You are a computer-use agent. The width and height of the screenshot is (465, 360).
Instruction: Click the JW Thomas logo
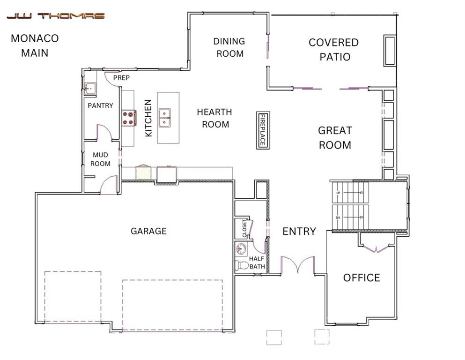point(55,16)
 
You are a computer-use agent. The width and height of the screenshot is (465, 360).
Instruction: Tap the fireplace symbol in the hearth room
point(263,130)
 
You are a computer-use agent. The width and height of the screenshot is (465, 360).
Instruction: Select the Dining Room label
point(229,47)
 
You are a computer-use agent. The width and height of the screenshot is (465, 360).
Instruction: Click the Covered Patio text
point(334,50)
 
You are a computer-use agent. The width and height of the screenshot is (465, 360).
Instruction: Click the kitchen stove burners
point(129,118)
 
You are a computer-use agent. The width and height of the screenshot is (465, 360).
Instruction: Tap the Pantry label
point(100,105)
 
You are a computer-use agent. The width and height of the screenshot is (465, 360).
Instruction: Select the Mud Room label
point(101,159)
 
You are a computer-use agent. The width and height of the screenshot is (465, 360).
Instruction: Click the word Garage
point(148,231)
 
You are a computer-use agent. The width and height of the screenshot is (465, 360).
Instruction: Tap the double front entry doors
point(297,265)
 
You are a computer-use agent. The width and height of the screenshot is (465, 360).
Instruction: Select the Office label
point(362,277)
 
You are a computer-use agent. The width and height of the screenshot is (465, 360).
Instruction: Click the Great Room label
point(335,138)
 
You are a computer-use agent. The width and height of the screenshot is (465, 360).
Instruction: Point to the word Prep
point(121,78)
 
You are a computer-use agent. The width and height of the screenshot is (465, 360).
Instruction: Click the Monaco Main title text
point(34,45)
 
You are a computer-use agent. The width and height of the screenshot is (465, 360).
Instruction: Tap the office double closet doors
point(376,247)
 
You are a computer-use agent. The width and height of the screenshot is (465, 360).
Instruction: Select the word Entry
point(299,231)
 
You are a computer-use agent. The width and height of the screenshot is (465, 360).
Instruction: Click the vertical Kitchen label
point(148,118)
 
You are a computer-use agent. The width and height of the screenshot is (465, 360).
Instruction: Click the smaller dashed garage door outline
point(73,296)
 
